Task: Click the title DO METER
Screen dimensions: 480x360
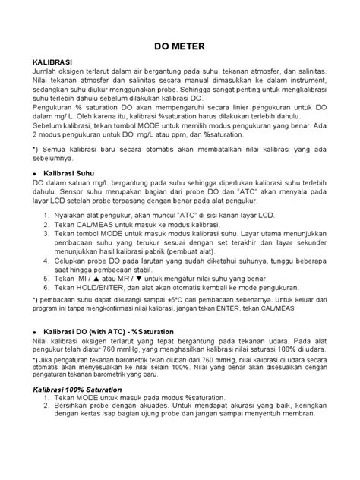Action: click(x=179, y=45)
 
